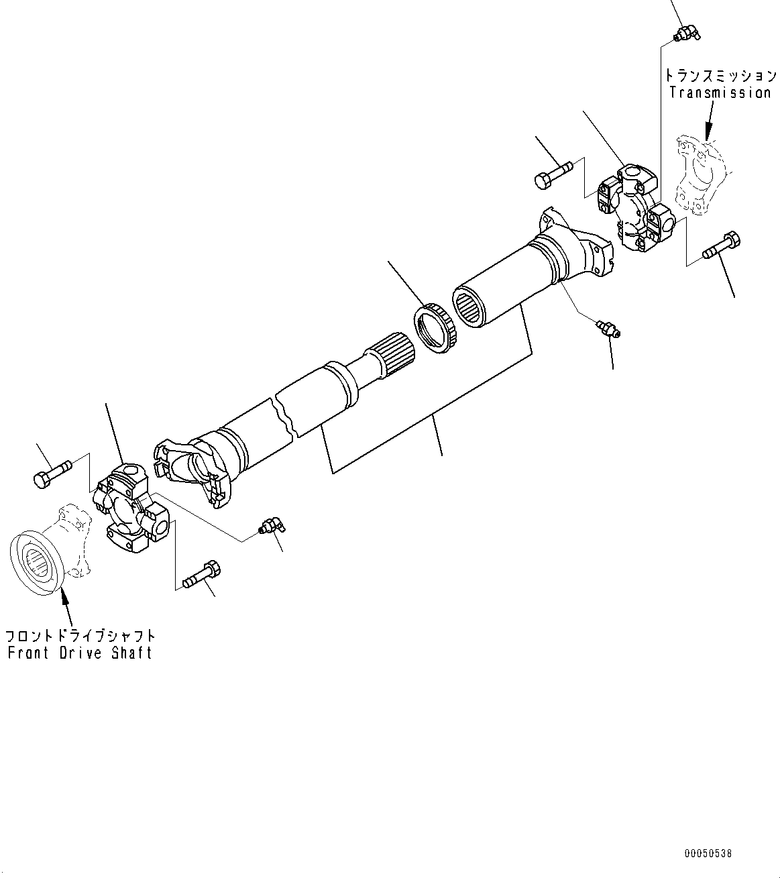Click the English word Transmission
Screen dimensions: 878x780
click(x=720, y=93)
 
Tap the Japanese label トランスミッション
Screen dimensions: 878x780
click(x=720, y=76)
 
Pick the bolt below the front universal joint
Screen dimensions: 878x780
click(x=203, y=572)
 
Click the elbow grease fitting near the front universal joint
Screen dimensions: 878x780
click(x=271, y=527)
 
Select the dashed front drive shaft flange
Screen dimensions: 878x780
click(x=47, y=551)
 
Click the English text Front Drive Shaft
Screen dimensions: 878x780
click(x=80, y=653)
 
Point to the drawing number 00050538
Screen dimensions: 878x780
click(x=708, y=854)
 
